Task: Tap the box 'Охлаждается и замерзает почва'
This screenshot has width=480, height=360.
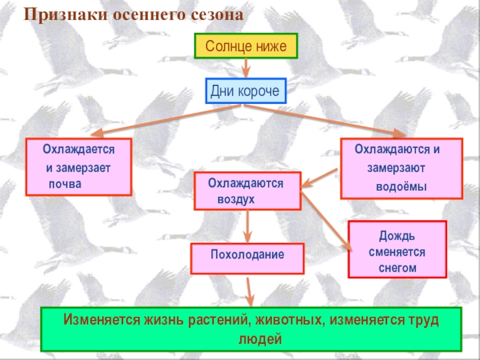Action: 79,167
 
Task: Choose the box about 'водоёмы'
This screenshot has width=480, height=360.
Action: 401,169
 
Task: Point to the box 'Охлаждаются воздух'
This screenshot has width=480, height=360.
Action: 247,191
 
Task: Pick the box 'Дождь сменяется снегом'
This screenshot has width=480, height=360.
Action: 397,250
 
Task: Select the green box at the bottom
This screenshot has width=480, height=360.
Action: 251,329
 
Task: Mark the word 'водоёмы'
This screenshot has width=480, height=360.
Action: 401,186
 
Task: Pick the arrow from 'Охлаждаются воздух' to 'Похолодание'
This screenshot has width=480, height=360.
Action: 247,227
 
